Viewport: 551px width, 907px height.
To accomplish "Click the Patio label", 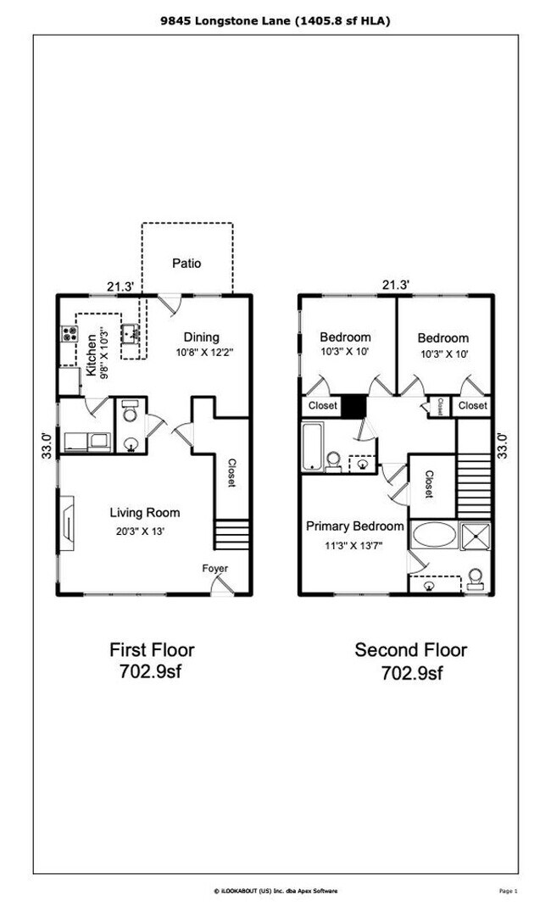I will (x=186, y=263).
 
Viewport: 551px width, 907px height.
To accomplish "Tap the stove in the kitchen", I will (x=67, y=334).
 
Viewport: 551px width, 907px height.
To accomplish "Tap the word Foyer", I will (x=214, y=568).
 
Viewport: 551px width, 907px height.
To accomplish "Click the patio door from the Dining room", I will (x=170, y=303).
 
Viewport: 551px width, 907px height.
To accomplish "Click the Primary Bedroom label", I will (x=354, y=526).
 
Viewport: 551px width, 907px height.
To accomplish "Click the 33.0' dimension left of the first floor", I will (x=47, y=445).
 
